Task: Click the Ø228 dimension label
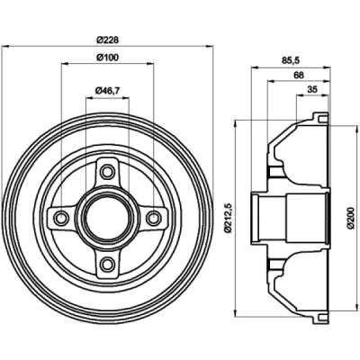tap(108, 40)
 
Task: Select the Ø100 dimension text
tap(107, 57)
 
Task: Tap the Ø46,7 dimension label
tap(107, 91)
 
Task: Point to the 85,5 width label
tap(291, 60)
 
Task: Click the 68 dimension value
tap(299, 75)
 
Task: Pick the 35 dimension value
tap(312, 89)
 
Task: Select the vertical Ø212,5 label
tap(229, 218)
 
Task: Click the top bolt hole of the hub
tap(107, 172)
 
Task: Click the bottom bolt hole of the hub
tap(107, 264)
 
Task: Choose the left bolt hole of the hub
tap(62, 218)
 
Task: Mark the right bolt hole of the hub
tap(153, 218)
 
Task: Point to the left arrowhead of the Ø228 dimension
tap(5, 47)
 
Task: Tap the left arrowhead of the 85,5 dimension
tap(255, 67)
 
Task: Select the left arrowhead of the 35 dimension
tap(300, 96)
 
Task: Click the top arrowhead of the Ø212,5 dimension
tap(236, 123)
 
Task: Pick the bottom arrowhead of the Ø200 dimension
tap(357, 310)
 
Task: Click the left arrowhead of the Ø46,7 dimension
tap(90, 98)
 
